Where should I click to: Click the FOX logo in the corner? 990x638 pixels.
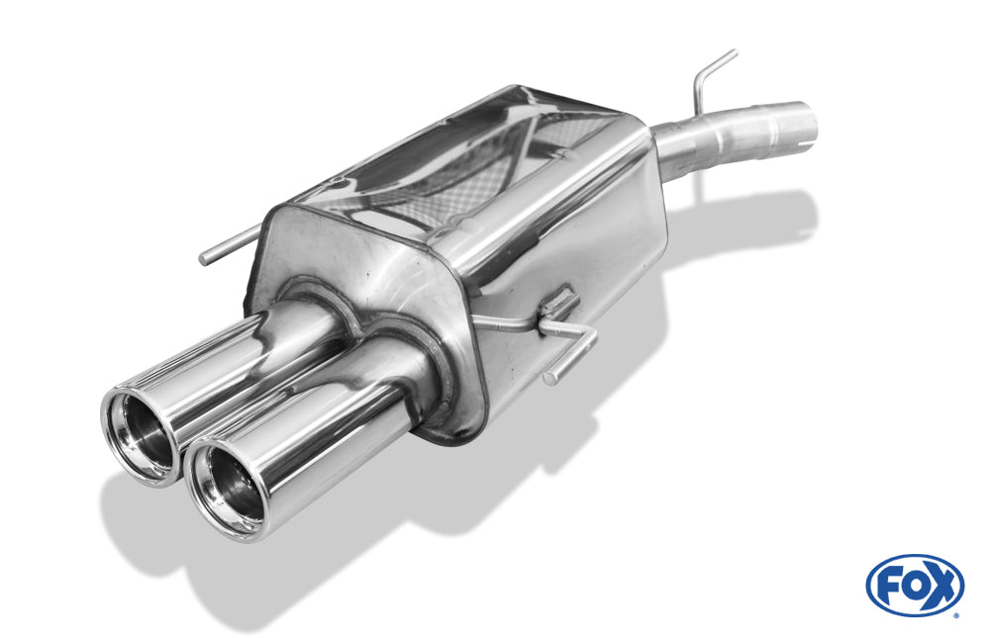point(915,586)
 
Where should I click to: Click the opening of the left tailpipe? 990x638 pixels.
point(144,434)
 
